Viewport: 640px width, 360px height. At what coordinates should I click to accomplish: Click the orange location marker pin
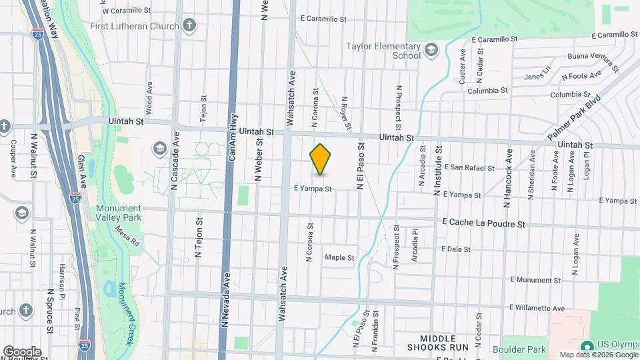pyautogui.click(x=321, y=159)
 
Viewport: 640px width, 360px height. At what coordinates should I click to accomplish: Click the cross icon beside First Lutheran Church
pyautogui.click(x=190, y=26)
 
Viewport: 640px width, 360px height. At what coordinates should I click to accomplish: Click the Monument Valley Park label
pyautogui.click(x=119, y=213)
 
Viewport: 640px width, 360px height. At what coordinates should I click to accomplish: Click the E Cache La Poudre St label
pyautogui.click(x=483, y=224)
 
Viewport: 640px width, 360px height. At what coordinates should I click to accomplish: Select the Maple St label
pyautogui.click(x=339, y=257)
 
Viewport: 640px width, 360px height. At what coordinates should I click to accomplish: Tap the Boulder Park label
pyautogui.click(x=519, y=349)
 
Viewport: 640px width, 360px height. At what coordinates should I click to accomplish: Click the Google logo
pyautogui.click(x=22, y=351)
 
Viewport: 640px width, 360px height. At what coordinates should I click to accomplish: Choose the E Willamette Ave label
pyautogui.click(x=537, y=308)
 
